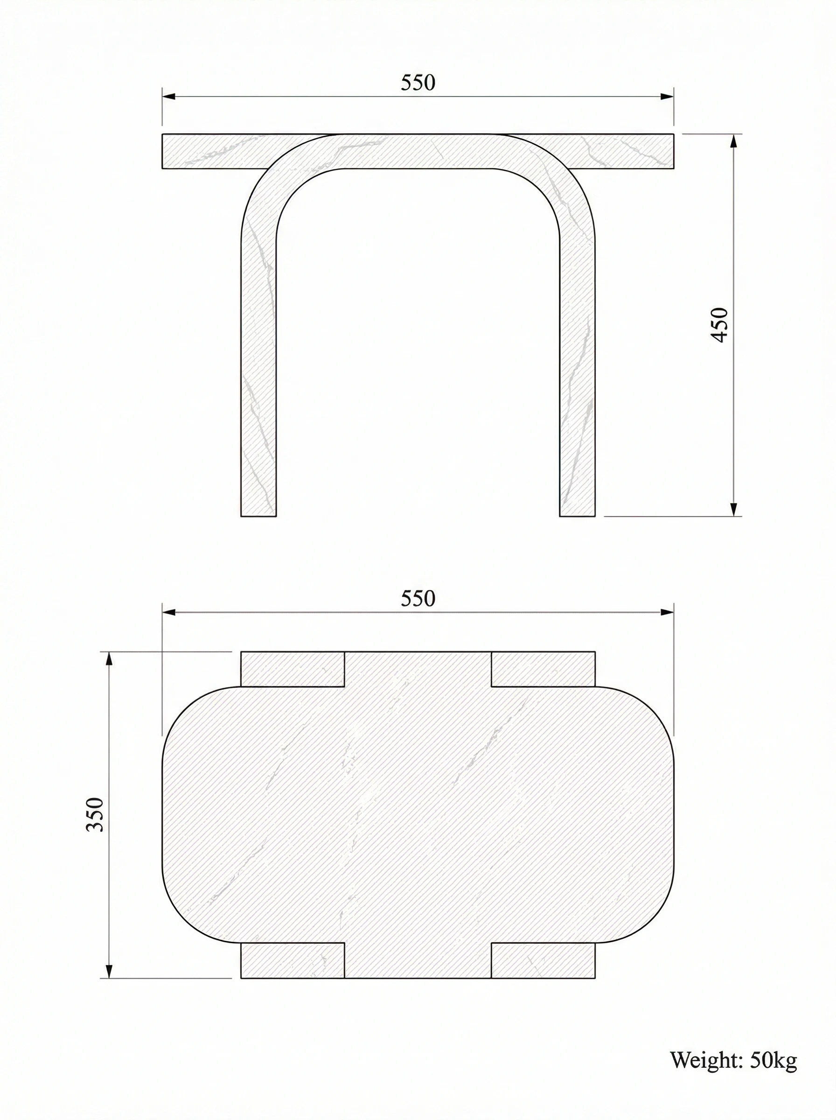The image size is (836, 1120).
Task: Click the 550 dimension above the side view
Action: (x=418, y=83)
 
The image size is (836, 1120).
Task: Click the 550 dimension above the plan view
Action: (x=418, y=599)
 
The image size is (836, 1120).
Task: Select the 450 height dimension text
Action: (x=719, y=325)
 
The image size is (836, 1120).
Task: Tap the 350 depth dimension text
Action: (x=95, y=814)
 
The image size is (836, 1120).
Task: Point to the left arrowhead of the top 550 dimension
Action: (x=168, y=96)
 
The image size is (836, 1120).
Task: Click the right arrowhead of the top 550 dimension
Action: (x=668, y=96)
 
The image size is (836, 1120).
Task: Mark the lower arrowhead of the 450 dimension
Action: (x=734, y=510)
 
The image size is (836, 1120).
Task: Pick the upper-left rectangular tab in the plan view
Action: (x=293, y=669)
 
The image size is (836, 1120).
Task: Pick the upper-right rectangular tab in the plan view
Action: (x=543, y=669)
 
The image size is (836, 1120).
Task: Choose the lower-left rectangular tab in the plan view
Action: (x=293, y=960)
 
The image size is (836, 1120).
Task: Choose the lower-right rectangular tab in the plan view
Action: (x=543, y=960)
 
